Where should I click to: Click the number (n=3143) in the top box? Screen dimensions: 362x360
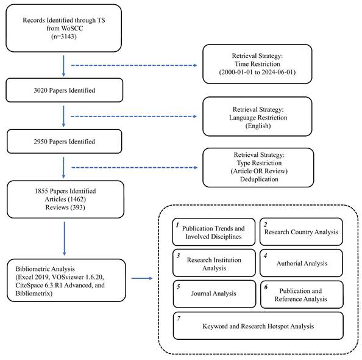point(64,37)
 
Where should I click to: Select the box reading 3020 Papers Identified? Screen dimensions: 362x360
point(65,90)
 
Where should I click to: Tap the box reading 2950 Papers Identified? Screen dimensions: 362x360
point(65,142)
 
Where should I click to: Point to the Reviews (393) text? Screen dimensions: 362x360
point(65,207)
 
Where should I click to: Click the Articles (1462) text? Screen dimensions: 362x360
point(65,199)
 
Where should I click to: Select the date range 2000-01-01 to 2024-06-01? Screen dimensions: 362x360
point(257,72)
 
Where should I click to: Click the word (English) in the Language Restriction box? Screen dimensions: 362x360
point(258,126)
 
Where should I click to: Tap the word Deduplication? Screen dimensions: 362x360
point(259,179)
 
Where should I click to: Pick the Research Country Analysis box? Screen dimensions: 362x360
point(301,232)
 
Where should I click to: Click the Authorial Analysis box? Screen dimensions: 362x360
point(301,263)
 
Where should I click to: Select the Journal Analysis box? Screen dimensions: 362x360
point(215,294)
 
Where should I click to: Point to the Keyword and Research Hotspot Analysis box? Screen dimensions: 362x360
point(258,326)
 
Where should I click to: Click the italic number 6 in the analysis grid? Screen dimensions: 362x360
point(266,287)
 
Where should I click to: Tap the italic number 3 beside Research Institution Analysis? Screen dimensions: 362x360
point(178,256)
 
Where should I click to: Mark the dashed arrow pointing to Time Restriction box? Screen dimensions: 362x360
point(134,65)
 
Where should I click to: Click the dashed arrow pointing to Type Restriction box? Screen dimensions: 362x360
point(134,167)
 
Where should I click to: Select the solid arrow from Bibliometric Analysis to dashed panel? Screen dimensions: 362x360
point(142,278)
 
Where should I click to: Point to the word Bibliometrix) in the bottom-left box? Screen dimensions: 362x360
point(34,293)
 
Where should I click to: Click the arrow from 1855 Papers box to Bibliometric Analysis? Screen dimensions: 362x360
point(65,239)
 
